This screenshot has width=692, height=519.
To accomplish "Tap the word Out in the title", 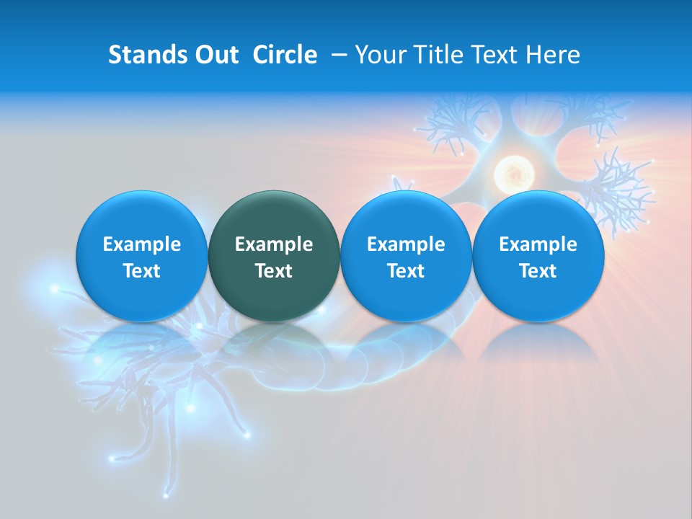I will (216, 55).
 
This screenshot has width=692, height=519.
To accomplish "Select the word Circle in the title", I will (285, 55).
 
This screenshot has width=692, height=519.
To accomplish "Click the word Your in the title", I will (381, 55).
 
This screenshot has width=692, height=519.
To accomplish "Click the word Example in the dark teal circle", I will (274, 244).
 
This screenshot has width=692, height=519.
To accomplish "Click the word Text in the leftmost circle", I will (141, 271).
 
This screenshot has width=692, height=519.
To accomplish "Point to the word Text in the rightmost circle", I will (538, 271).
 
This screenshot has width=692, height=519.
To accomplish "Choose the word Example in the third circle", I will (406, 244).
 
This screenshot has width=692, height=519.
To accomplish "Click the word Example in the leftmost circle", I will (141, 244).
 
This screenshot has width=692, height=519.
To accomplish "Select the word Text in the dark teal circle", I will (274, 271).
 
